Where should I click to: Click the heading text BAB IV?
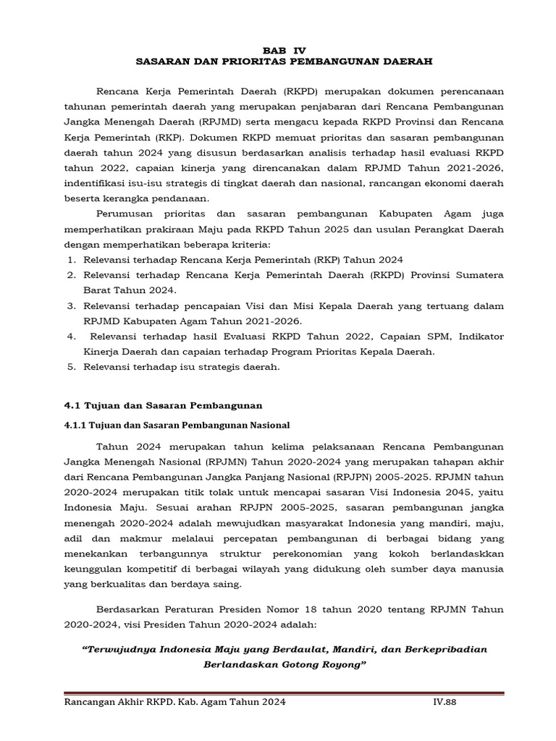(x=284, y=51)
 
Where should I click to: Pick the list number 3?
(x=72, y=306)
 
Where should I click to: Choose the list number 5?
(x=72, y=367)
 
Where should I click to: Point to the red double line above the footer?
(x=284, y=693)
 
